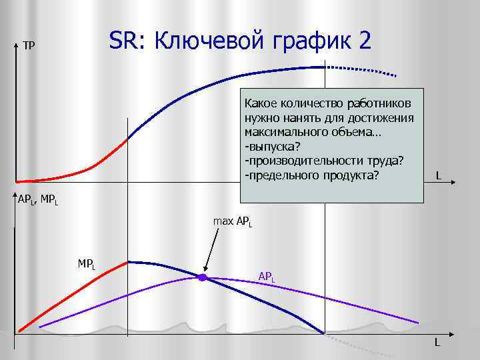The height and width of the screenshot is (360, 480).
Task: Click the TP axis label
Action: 29,46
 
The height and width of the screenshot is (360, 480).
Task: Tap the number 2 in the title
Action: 364,41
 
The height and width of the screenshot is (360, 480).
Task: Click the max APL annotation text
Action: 232,220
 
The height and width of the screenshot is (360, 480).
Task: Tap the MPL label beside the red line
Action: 87,263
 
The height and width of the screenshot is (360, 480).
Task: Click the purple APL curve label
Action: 266,275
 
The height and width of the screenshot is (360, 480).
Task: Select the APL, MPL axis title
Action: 37,199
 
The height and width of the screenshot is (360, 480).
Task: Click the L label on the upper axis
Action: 438,176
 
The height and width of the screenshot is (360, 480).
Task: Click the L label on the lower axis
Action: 437,343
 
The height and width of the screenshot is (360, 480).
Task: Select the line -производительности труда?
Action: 324,161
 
